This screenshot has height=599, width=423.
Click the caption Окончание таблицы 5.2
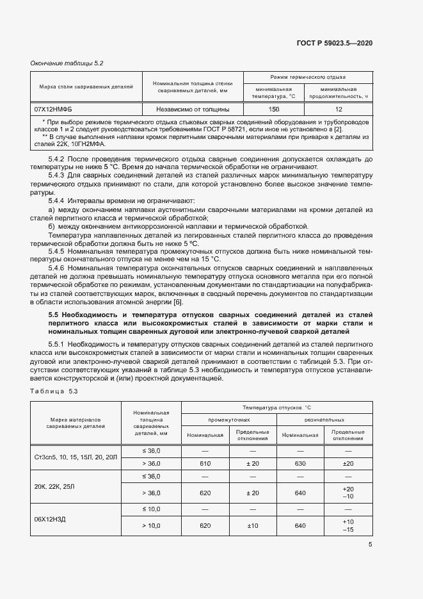67,63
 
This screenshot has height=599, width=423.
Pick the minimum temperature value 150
274,110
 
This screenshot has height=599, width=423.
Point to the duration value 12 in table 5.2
339,110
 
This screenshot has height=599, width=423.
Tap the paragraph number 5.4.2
58,158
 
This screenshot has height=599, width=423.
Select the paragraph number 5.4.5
58,251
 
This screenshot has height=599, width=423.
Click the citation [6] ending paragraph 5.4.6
179,302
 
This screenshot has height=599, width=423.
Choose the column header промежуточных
229,420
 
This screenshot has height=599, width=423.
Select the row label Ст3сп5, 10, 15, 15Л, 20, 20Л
76,457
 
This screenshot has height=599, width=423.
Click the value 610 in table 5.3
205,463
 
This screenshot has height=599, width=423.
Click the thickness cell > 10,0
151,526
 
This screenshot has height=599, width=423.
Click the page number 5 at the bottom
371,545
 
